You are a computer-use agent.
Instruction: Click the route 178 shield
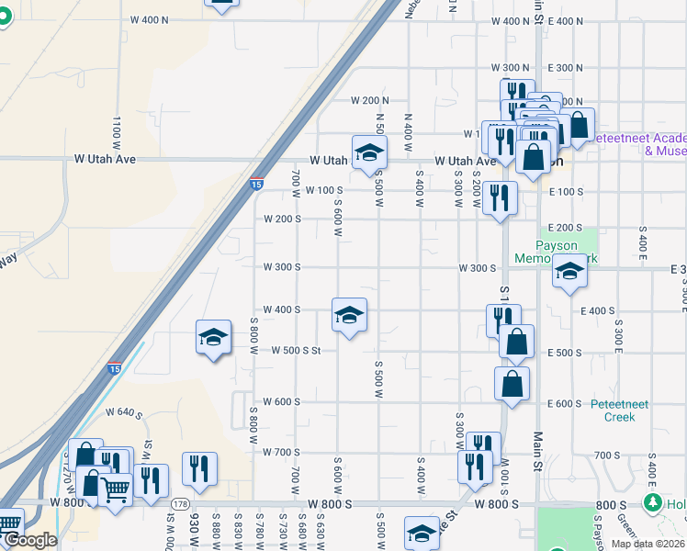tap(180, 504)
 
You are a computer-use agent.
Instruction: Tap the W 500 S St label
tap(296, 350)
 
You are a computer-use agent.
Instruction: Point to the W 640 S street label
tap(124, 412)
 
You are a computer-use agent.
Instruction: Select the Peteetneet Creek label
tap(613, 410)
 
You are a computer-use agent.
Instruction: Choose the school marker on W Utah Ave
tap(369, 152)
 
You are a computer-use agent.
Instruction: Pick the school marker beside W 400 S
tap(349, 316)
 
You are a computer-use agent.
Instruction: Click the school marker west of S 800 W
tap(213, 338)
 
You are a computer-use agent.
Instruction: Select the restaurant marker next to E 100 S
tap(500, 198)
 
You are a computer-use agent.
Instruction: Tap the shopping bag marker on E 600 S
tap(512, 385)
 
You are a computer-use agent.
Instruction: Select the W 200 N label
tap(370, 100)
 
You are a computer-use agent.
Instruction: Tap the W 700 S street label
tap(281, 452)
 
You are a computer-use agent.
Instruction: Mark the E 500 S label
tap(565, 353)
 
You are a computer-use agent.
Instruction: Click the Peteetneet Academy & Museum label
tap(638, 144)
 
